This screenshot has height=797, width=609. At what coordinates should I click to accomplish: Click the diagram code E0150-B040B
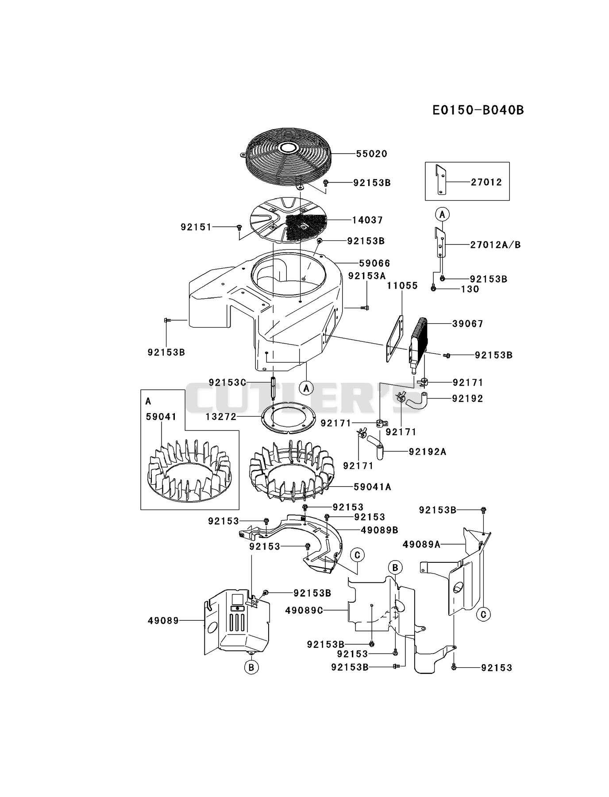pos(478,110)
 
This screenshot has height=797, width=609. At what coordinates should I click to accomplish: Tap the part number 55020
pos(372,154)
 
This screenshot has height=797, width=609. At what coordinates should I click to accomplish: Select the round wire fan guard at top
pos(289,157)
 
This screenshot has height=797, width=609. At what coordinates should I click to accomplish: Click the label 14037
pos(367,220)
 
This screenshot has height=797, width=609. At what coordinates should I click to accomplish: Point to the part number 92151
pos(196,227)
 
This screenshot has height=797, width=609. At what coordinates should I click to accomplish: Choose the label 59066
pos(374,263)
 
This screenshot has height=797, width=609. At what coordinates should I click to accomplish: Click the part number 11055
pos(402,286)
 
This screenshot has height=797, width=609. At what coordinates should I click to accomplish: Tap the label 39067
pos(467,324)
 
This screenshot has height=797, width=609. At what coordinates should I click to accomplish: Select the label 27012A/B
pos(495,245)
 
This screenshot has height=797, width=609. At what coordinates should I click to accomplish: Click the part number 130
pos(470,289)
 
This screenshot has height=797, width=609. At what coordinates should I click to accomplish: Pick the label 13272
pos(221,417)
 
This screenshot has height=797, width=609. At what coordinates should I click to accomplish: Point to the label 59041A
pos(373,487)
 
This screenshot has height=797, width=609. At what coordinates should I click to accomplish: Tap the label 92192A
pos(428,452)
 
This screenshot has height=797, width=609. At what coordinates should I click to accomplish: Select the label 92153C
pos(227,382)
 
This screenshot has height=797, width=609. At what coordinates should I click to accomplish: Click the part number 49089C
pos(304,610)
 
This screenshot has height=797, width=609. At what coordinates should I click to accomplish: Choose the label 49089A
pos(421,545)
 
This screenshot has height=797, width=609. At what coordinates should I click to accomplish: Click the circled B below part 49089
pos(251,667)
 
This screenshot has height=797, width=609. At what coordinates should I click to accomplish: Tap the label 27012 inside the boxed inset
pos(486,182)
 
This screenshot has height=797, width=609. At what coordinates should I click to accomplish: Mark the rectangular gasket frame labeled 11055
pos(395,339)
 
